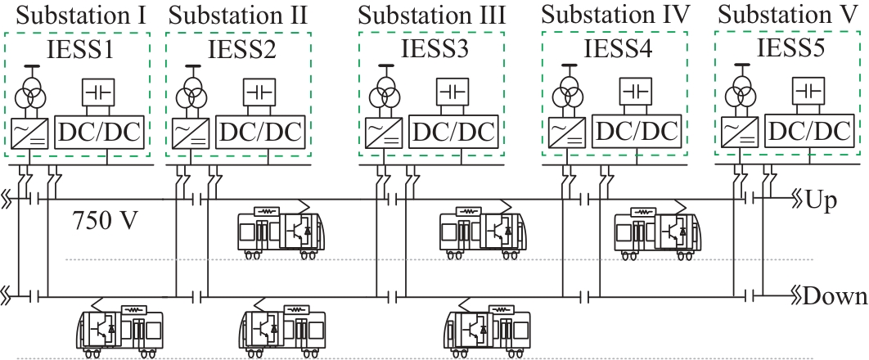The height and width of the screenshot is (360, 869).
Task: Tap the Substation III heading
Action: click(x=432, y=14)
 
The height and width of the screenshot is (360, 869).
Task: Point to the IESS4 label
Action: click(x=615, y=47)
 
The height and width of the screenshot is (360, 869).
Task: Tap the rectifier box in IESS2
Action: click(x=192, y=131)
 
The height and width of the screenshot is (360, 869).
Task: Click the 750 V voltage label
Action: click(x=105, y=222)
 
